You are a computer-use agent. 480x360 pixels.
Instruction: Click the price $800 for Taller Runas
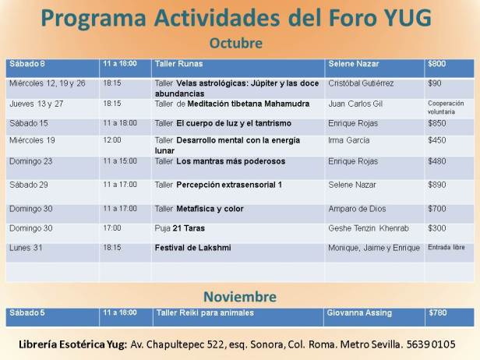(x=436, y=63)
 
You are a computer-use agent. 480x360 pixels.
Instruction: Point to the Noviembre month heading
(x=239, y=296)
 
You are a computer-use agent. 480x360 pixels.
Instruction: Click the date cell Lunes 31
(x=26, y=247)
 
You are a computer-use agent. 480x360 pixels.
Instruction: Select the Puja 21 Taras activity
(x=181, y=228)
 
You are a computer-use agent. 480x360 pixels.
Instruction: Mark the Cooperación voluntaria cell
(x=446, y=107)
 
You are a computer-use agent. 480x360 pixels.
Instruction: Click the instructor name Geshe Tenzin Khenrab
(x=371, y=228)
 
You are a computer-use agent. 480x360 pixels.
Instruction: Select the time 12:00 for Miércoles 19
(x=111, y=140)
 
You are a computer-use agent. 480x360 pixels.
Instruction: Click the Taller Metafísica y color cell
(x=199, y=209)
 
